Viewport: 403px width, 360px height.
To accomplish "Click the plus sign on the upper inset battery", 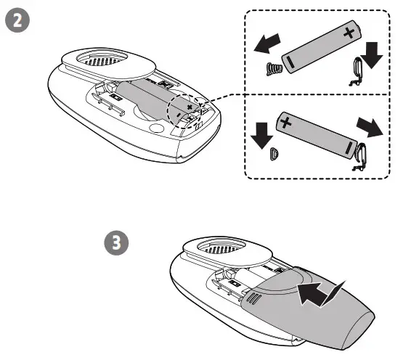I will [x=349, y=31].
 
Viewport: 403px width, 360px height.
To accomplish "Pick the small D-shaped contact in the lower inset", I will [x=273, y=153].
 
